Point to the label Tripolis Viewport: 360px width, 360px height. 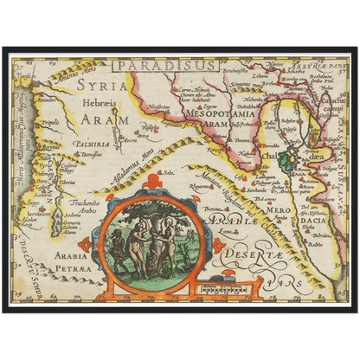pos(51,123)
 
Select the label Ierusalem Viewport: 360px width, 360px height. pos(33,212)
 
